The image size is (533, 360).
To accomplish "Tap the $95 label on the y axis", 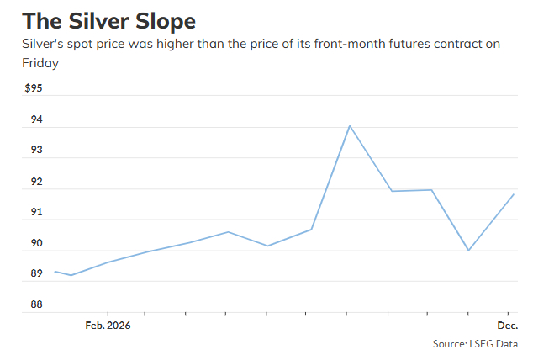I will [33, 88].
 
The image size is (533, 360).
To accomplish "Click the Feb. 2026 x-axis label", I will [108, 325].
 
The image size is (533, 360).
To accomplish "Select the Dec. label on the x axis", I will [507, 325].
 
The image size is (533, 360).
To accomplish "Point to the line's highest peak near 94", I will [349, 126].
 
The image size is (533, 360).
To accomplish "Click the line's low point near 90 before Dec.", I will [468, 250].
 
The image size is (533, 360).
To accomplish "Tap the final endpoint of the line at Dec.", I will [514, 194].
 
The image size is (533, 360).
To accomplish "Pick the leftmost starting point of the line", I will [55, 271].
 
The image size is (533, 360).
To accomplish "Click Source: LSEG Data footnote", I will [475, 343].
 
